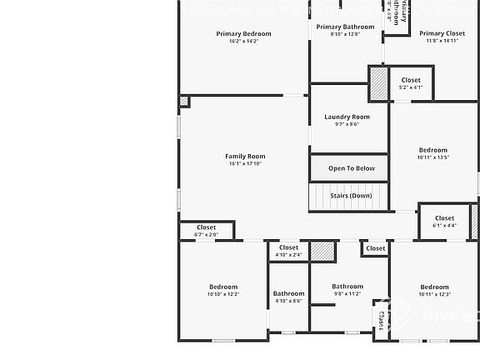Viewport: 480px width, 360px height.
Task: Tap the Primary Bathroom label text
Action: click(345, 27)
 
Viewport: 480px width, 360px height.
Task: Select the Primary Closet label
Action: click(443, 34)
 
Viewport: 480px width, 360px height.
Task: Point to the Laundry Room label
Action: click(347, 117)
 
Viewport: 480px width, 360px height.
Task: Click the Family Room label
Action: click(245, 156)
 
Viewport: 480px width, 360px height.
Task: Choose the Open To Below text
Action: click(351, 168)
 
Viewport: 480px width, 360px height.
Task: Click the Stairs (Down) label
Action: click(351, 196)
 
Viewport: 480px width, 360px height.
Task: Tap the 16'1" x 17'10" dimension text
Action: click(245, 163)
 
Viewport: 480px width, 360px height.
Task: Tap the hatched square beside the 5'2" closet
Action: click(379, 84)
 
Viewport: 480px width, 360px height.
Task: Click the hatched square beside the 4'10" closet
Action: click(322, 252)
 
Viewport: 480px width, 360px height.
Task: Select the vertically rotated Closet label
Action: click(382, 320)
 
